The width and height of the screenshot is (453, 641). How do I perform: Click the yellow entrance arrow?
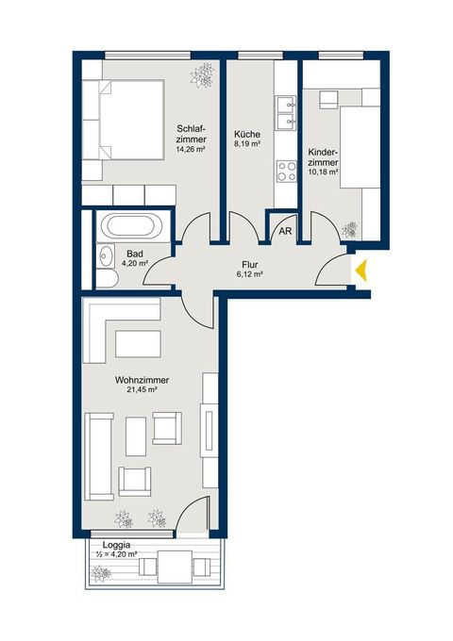pos(362,271)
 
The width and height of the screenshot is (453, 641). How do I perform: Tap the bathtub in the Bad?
pos(130,225)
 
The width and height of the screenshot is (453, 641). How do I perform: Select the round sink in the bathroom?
pos(106,256)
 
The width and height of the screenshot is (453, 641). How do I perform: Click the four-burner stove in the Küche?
pos(287,172)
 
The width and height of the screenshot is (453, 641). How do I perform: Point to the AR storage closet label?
pos(285,231)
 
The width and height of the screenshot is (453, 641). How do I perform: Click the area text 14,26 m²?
pos(191,150)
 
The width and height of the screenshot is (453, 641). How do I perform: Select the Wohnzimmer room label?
pos(142,380)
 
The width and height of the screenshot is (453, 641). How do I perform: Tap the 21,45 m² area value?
pos(143,390)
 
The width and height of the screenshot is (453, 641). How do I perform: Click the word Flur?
pos(250,265)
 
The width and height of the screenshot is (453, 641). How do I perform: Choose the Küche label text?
pos(247,134)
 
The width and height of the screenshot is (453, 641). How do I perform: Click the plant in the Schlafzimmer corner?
pos(202,75)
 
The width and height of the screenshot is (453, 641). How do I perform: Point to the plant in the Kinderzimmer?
pos(349,230)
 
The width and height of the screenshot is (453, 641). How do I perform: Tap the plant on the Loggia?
pos(101,573)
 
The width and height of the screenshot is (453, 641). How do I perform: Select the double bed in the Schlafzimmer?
pos(124,120)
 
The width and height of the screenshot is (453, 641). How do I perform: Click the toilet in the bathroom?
pos(108,279)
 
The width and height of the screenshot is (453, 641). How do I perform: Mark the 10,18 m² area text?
pos(323,173)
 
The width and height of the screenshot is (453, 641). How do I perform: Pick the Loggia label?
pos(117,545)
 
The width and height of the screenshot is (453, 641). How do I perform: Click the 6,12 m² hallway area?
pos(249,274)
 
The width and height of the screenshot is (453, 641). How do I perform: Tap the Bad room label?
pos(135,254)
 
